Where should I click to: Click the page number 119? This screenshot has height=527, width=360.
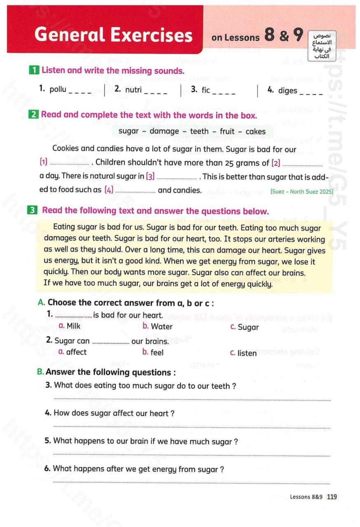(x=332, y=497)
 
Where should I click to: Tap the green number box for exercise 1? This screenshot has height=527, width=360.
(x=35, y=70)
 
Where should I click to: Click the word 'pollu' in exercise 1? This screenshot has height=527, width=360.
(x=58, y=89)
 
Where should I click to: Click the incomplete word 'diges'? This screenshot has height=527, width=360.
(x=288, y=90)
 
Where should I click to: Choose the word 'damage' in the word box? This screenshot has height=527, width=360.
(x=164, y=131)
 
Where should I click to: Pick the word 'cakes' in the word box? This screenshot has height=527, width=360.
(x=255, y=131)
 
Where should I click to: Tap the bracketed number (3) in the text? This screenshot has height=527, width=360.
(x=150, y=177)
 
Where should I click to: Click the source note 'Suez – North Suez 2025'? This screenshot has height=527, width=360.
(x=302, y=191)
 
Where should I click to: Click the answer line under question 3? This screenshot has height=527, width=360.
(x=192, y=399)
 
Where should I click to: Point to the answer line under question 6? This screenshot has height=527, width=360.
(x=192, y=482)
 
